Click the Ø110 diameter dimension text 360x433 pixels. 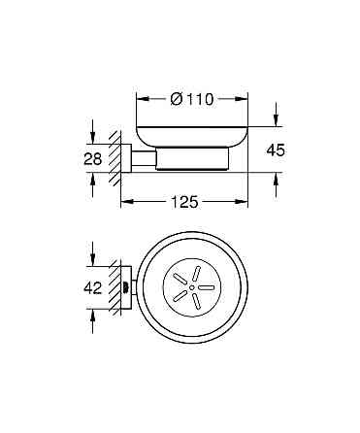click(x=192, y=98)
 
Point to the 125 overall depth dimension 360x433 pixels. click(x=184, y=202)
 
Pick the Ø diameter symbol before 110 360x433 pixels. click(x=176, y=98)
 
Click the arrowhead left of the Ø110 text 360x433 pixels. click(x=140, y=98)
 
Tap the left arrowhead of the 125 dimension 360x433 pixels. click(x=124, y=202)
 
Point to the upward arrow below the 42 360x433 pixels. click(x=92, y=314)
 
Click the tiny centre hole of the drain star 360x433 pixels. click(x=192, y=287)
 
